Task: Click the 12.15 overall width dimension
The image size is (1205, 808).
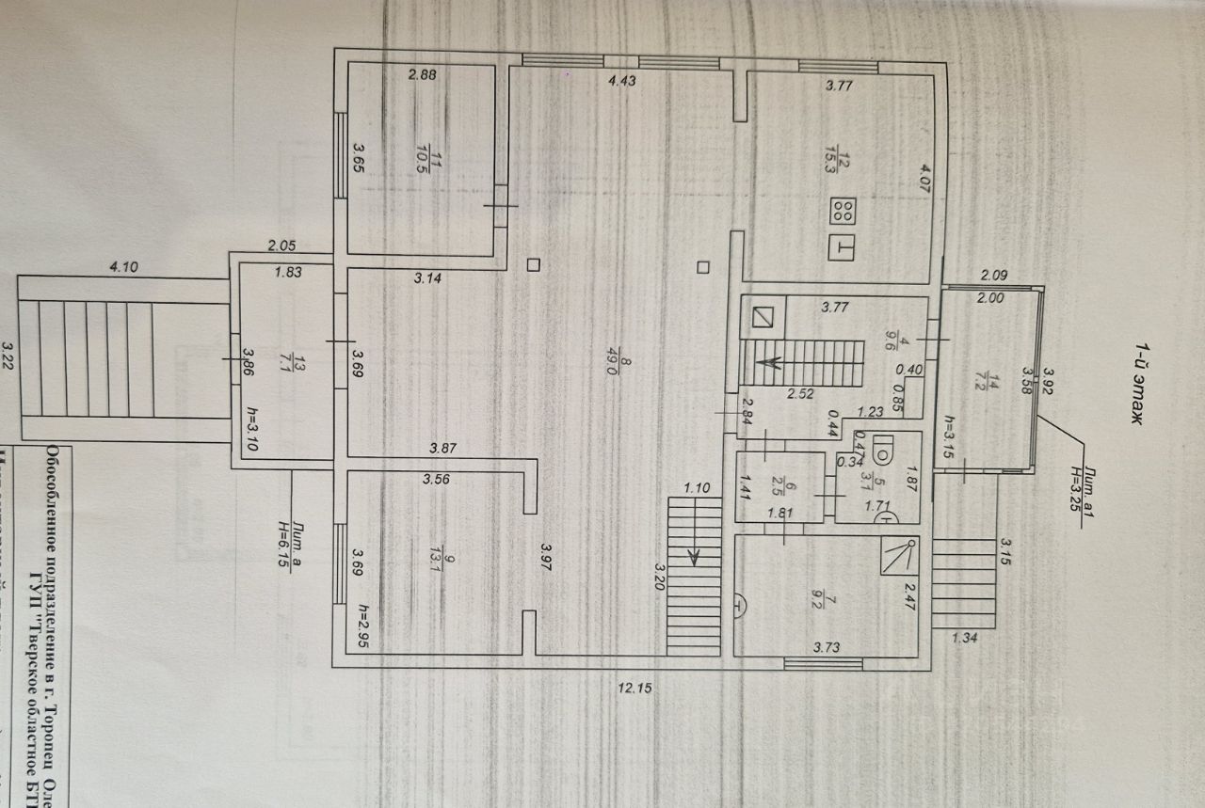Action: (x=634, y=688)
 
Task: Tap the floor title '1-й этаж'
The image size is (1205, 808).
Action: (x=1142, y=387)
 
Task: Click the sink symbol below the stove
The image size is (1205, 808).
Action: (x=843, y=248)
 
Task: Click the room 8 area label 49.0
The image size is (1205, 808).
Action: (x=611, y=363)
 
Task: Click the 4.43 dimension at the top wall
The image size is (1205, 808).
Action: (x=622, y=82)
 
